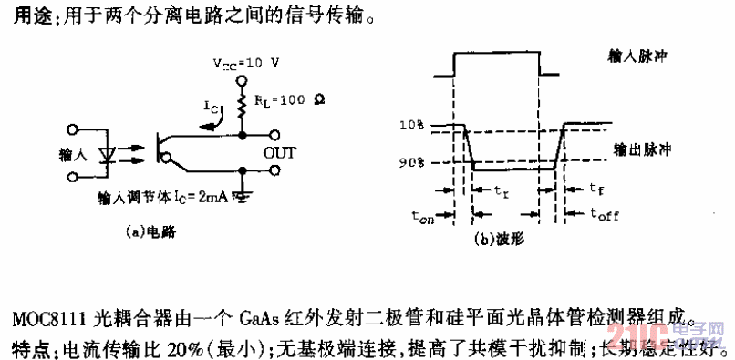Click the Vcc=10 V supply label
pyautogui.click(x=245, y=66)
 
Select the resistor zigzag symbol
pyautogui.click(x=243, y=108)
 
